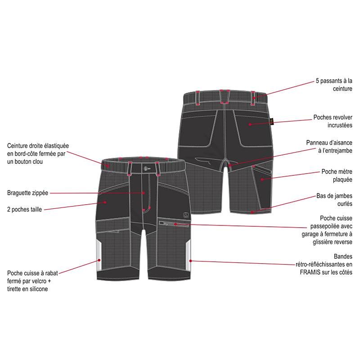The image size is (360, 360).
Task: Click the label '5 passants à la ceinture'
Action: tap(334, 85)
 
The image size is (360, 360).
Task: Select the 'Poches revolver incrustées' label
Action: tap(333, 121)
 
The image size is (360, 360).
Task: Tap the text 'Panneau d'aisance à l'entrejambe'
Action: tap(329, 147)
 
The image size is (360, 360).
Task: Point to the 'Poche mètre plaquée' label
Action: tap(337, 175)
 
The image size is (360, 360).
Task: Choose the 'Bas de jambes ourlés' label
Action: tap(334, 200)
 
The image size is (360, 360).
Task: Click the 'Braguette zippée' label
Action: tap(27, 193)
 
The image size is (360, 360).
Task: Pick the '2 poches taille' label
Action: tap(24, 209)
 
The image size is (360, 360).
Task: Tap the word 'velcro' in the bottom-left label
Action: tap(36, 281)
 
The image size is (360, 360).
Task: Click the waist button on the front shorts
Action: tap(145, 169)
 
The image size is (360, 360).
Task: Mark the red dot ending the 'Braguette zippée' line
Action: tap(144, 193)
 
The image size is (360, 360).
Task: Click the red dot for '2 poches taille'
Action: tap(105, 202)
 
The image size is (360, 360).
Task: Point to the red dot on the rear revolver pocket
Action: tap(250, 124)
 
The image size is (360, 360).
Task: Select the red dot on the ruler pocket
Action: tap(262, 179)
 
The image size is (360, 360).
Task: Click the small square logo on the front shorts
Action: tap(186, 216)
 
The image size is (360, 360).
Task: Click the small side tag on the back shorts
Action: tap(272, 121)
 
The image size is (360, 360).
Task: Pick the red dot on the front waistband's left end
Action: tap(107, 165)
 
